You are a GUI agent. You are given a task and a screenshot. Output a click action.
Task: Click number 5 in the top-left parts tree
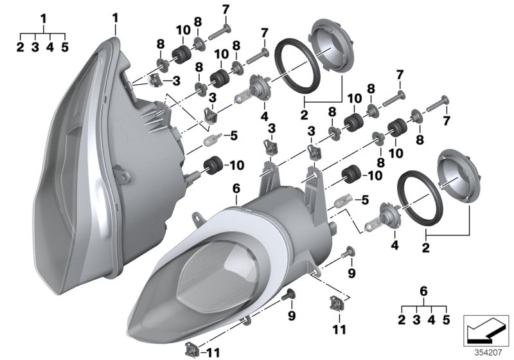[x=64, y=46]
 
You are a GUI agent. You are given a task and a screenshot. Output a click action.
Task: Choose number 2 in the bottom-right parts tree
[x=401, y=319]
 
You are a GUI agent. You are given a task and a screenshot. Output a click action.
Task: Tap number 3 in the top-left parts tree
[x=35, y=46]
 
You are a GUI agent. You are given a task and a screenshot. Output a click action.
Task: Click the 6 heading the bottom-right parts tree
[x=423, y=291]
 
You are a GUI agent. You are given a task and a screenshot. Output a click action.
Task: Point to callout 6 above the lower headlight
[x=236, y=188]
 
